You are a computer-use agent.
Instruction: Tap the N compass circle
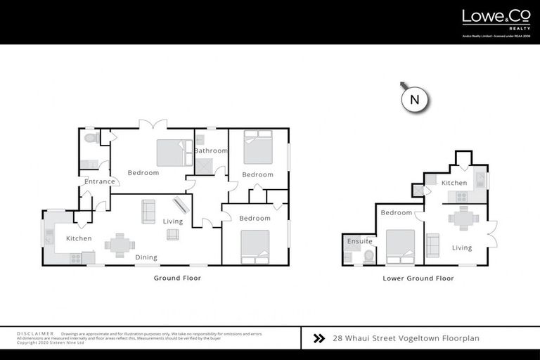pyautogui.click(x=414, y=100)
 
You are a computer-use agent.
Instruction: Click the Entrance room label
pyautogui.click(x=99, y=181)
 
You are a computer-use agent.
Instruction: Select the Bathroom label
pyautogui.click(x=211, y=150)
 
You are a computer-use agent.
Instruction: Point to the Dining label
pyautogui.click(x=146, y=257)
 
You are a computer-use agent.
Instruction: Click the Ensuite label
pyautogui.click(x=360, y=241)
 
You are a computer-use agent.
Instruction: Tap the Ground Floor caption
pyautogui.click(x=177, y=278)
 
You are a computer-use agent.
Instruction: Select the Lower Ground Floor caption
pyautogui.click(x=418, y=278)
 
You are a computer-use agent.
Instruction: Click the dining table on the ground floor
pyautogui.click(x=120, y=245)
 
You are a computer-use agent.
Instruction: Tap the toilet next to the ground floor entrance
pyautogui.click(x=89, y=139)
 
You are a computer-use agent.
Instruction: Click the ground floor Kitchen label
pyautogui.click(x=79, y=238)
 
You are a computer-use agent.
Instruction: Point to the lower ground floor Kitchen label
pyautogui.click(x=454, y=183)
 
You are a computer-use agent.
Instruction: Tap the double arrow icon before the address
pyautogui.click(x=319, y=337)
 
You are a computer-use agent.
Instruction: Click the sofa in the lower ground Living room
pyautogui.click(x=432, y=244)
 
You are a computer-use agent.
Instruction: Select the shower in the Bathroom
pyautogui.click(x=204, y=166)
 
